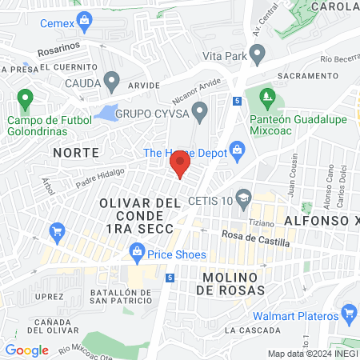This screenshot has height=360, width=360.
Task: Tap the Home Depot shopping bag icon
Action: click(237, 149)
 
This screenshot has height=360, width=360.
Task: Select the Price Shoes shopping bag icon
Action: click(137, 255)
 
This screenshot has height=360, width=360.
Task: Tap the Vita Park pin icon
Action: click(257, 55)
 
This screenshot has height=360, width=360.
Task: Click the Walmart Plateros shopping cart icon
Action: click(348, 312)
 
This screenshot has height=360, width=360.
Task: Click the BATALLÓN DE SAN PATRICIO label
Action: click(121, 296)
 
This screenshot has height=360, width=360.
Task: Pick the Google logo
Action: click(26, 350)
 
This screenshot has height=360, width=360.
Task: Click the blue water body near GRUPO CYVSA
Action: click(106, 113)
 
